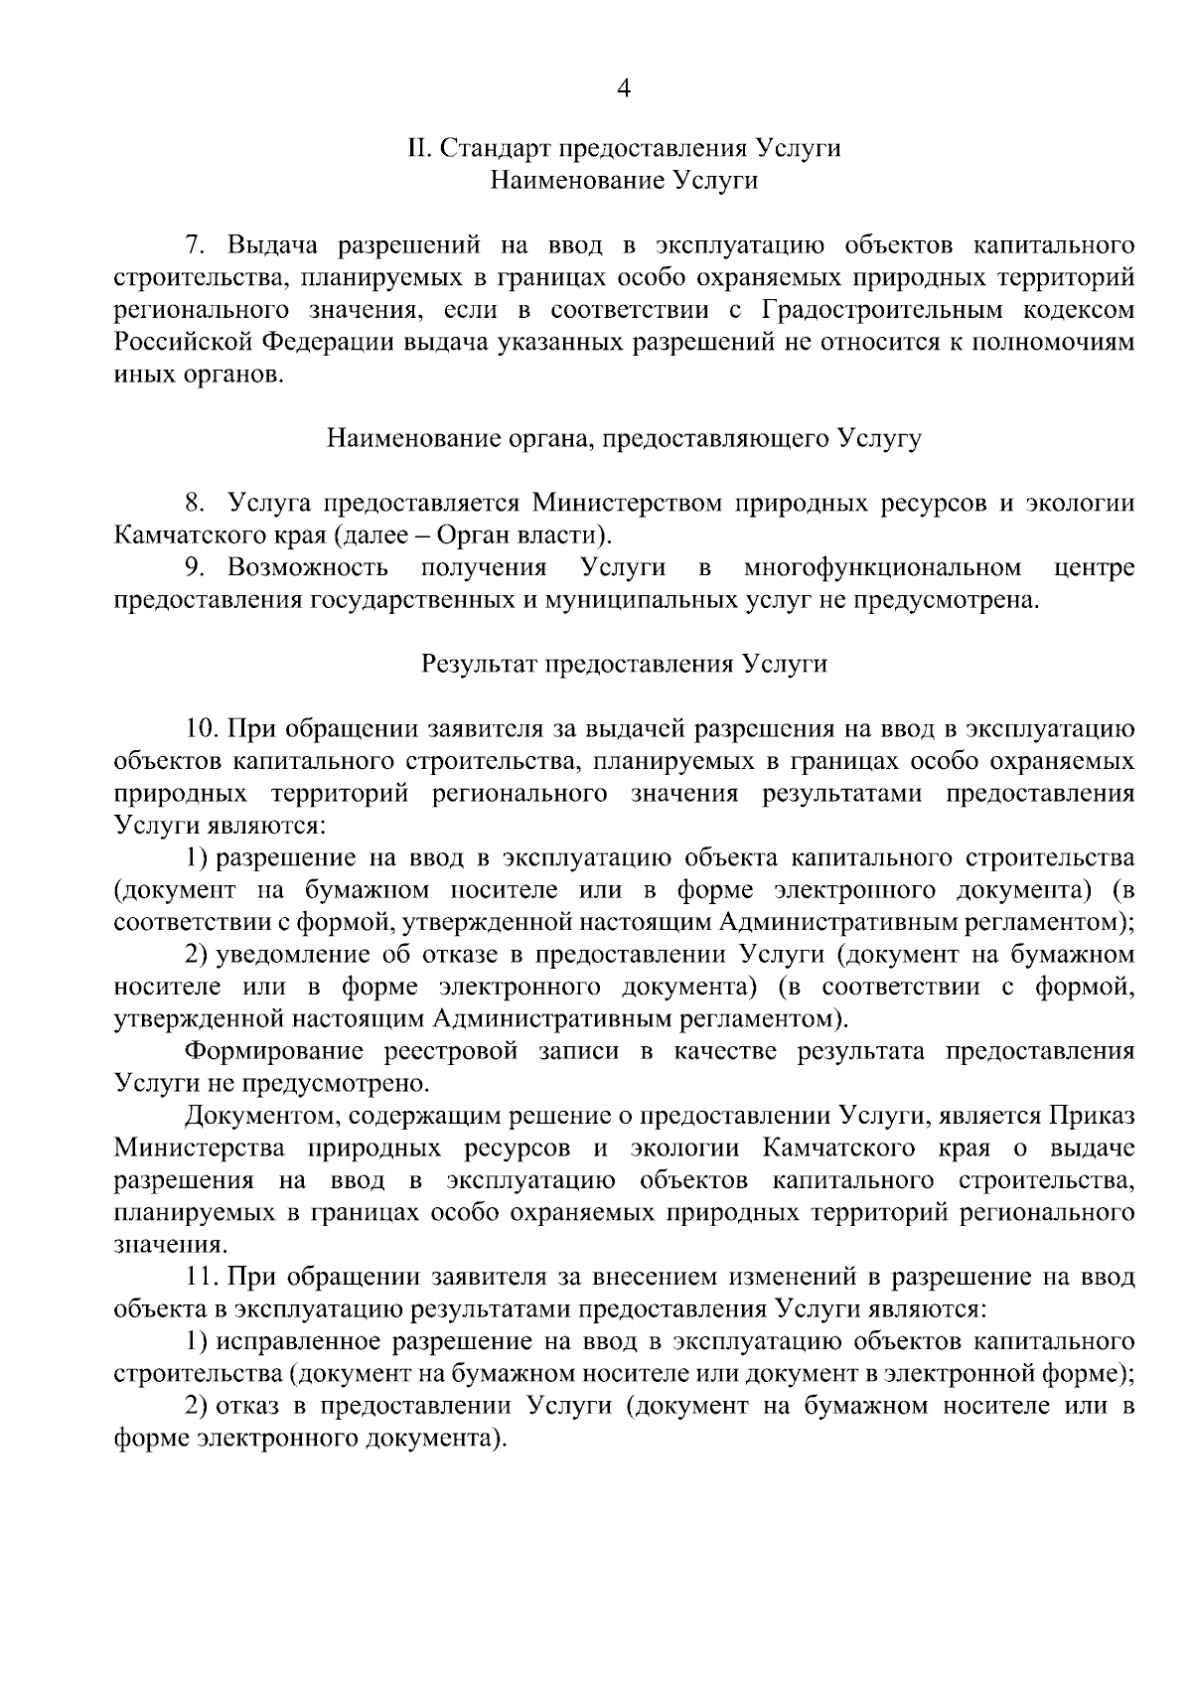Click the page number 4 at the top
(x=624, y=88)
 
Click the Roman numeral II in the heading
(x=418, y=149)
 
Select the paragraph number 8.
(x=196, y=504)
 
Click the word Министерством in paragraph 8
(x=628, y=504)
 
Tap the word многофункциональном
(x=882, y=568)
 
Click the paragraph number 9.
(x=196, y=568)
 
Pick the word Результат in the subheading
(x=480, y=665)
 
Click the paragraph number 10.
(x=202, y=729)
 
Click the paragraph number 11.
(x=202, y=1277)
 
